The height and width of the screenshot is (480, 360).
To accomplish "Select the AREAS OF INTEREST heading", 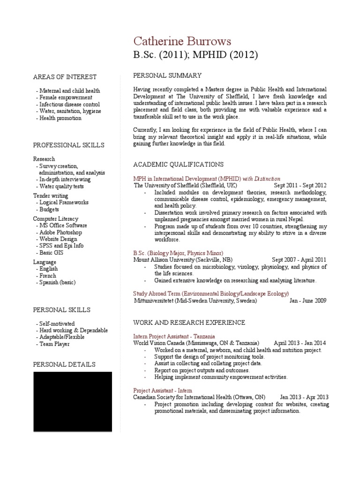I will coord(65,77).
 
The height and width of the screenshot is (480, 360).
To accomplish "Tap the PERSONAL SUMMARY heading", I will coord(167,75).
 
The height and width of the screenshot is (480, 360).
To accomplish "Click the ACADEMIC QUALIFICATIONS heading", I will coord(179,164).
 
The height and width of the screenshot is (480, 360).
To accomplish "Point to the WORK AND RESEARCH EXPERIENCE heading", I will coord(189,322).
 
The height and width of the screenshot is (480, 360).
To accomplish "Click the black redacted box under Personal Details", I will coord(72,401).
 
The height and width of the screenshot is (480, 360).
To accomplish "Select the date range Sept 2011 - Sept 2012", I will coord(300,186).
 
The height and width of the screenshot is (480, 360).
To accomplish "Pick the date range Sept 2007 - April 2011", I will coord(299,260).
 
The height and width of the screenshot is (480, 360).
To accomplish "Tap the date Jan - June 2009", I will coord(308,301).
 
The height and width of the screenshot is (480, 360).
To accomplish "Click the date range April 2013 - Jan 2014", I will coord(300,343).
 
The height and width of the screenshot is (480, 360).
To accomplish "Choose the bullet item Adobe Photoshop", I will coord(60,232).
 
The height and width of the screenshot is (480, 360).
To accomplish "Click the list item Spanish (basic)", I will coord(57,283).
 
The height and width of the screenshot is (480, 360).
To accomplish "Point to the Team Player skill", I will coord(54,344).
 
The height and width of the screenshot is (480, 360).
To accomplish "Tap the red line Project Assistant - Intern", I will coord(163,390).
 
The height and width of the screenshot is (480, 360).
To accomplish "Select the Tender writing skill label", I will coord(51,195).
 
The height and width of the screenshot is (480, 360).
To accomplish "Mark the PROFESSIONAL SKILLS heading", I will coord(69,145).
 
